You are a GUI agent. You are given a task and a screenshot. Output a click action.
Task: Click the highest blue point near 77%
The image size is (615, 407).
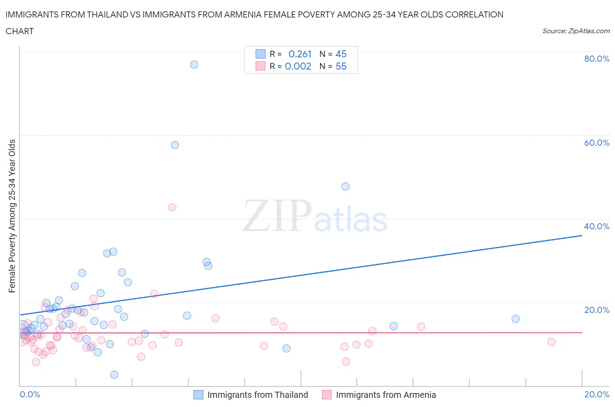[194, 64]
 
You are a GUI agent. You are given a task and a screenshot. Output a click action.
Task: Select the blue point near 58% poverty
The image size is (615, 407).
[175, 145]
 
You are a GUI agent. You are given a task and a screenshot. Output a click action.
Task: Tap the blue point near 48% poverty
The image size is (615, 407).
[346, 186]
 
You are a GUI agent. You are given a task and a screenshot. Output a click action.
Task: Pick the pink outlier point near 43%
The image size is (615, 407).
[172, 207]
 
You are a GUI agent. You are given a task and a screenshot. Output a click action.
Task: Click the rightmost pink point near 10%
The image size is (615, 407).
[552, 342]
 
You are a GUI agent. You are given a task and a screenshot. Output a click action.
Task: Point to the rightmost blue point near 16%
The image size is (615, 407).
[516, 319]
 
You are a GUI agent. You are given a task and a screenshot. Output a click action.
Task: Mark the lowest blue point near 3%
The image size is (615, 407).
[114, 375]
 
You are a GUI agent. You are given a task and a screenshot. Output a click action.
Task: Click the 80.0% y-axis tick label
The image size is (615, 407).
[597, 59]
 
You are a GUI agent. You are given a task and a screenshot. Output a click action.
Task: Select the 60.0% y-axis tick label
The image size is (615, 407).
[597, 143]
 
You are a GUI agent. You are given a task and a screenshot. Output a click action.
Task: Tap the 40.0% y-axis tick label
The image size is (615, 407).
[597, 226]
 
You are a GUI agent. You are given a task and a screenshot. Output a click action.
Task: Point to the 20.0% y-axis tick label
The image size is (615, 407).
[597, 310]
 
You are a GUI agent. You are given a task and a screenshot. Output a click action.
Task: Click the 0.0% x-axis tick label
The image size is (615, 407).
[30, 394]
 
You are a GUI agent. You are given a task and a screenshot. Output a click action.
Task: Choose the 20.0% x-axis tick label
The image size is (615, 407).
[597, 394]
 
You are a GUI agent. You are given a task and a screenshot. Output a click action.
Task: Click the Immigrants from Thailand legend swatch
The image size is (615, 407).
[198, 395]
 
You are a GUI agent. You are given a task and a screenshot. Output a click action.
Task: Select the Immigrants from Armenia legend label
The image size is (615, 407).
[386, 395]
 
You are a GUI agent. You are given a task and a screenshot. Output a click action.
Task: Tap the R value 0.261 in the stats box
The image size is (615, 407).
[300, 54]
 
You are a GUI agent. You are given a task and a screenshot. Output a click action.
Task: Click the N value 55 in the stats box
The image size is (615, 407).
[341, 66]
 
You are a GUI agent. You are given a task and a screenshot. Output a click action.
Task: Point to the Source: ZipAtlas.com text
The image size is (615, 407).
[576, 31]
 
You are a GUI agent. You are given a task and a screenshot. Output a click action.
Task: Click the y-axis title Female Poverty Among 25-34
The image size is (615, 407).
[12, 216]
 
